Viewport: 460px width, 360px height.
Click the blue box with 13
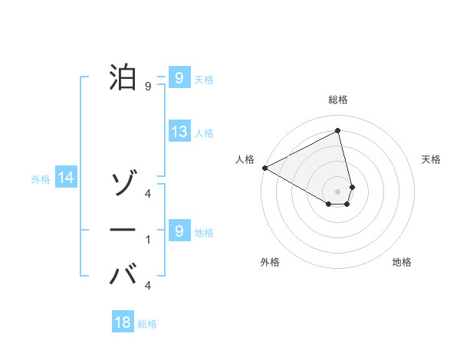tap(179, 132)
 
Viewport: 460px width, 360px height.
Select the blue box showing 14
tap(66, 178)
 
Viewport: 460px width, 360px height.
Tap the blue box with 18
tap(123, 322)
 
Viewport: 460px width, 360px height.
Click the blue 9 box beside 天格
tap(179, 78)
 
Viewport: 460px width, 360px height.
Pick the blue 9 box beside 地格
tap(179, 231)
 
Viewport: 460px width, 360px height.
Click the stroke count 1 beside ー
tap(148, 240)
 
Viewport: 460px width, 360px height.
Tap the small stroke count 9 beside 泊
tap(148, 87)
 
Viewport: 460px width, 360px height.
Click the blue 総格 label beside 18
tap(147, 324)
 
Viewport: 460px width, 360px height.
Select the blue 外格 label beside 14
tap(41, 179)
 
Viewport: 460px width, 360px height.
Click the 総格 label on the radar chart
tap(338, 100)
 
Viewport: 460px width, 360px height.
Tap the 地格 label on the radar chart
tap(402, 263)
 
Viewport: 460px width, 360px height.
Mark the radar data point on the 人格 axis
tap(264, 168)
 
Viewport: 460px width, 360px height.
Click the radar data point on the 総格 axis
tap(338, 131)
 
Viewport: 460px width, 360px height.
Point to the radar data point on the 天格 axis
tap(352, 187)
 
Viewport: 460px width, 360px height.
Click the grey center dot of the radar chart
tap(338, 191)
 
